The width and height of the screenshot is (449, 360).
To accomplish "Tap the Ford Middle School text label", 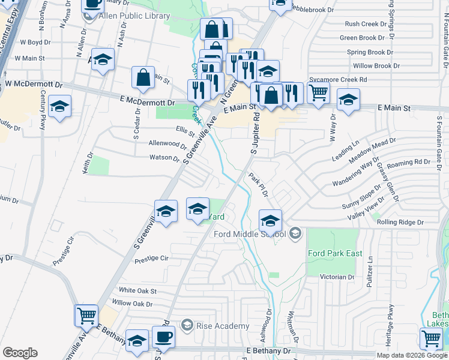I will [251, 233].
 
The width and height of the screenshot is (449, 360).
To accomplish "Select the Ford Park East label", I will [335, 253].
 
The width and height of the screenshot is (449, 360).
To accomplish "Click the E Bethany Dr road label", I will [268, 350].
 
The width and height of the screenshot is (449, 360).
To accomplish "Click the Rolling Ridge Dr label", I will [400, 222].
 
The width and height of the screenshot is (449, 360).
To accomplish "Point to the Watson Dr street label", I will [164, 158].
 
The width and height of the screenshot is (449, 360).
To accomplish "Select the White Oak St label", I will [137, 290].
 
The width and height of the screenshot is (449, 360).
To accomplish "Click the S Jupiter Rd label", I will [254, 136].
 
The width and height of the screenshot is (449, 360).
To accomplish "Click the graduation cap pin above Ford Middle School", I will [270, 220].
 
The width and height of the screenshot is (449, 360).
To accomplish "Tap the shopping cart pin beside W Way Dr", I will [318, 92].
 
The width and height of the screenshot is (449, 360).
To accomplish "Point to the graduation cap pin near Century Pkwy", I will [59, 106].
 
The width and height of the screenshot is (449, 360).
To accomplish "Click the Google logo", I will [20, 353].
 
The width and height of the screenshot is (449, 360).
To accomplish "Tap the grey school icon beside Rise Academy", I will [187, 326].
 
